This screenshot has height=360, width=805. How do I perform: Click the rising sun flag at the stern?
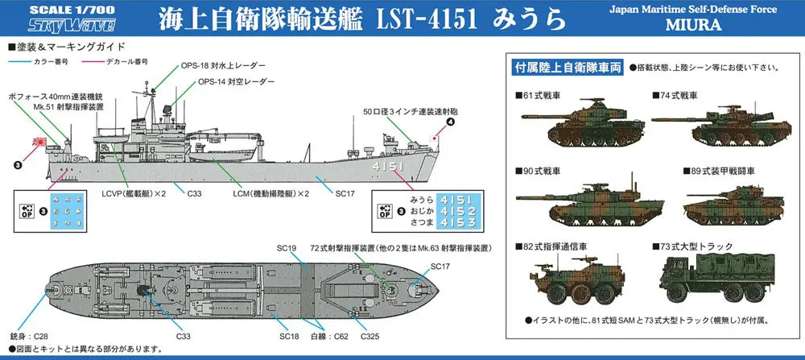[x=39, y=141]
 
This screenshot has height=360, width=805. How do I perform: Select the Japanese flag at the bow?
[x=435, y=138]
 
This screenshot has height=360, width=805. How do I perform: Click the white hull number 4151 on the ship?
[x=389, y=167]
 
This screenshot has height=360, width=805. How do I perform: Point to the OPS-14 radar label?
[x=236, y=81]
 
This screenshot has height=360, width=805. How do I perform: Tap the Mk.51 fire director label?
[x=68, y=107]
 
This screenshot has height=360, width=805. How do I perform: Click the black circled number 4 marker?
[x=450, y=122]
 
